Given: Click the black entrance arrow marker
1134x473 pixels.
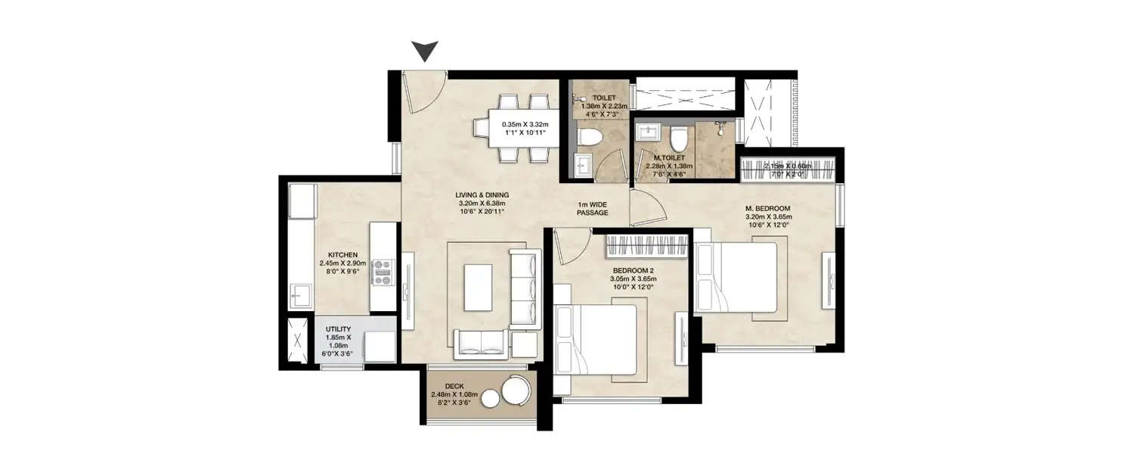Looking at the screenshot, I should tap(426, 51).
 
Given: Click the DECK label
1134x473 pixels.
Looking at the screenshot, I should tap(454, 386).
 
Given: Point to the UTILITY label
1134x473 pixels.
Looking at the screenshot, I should tap(338, 329).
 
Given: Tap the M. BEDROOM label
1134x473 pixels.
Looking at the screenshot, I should tap(767, 208).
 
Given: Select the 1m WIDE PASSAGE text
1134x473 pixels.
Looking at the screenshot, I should tap(593, 208).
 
